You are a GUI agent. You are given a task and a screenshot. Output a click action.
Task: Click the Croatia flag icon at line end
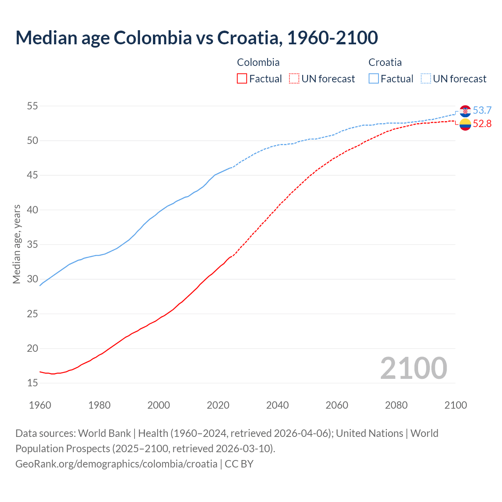[x=465, y=111]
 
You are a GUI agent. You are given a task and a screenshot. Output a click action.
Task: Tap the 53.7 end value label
[x=482, y=111]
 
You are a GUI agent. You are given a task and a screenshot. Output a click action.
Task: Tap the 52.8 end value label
[x=482, y=124]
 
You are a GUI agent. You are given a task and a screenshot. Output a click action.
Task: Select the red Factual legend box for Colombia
[x=242, y=79]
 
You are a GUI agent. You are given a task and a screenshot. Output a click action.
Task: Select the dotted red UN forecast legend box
[x=294, y=79]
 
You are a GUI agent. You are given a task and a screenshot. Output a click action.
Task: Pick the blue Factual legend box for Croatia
[x=374, y=79]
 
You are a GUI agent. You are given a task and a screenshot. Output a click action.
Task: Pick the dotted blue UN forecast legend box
[x=426, y=79]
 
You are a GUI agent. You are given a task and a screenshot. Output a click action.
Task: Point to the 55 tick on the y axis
[x=33, y=106]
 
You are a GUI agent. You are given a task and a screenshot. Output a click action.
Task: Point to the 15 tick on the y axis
[x=33, y=383]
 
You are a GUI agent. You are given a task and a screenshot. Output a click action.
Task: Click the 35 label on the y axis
[x=33, y=244]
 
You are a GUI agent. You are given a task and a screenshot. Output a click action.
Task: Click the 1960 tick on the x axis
[x=40, y=405]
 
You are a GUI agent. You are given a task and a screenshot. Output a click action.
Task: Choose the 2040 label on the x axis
[x=277, y=405]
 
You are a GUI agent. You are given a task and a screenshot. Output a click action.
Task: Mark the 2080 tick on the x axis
[x=396, y=405]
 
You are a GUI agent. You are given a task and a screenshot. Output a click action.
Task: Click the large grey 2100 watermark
[x=414, y=368]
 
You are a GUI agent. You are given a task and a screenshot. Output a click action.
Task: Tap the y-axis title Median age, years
[x=16, y=244]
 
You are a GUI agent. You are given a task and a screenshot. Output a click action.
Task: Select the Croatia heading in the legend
[x=385, y=62]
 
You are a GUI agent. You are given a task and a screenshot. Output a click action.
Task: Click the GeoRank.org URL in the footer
[x=116, y=464]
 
